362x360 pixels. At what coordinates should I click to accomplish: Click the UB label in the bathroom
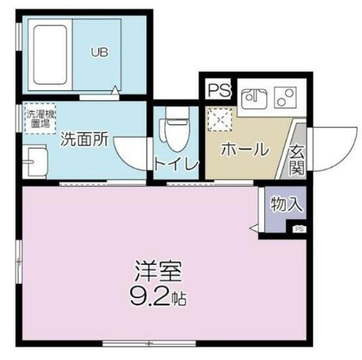(100, 52)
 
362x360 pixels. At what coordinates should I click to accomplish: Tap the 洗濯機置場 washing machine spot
(40, 118)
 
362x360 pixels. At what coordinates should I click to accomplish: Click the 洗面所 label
(83, 139)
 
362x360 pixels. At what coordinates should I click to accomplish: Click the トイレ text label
(176, 164)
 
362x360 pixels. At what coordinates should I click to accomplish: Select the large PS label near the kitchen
(219, 90)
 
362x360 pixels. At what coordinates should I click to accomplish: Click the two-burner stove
(284, 97)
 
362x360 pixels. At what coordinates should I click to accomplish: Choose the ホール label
(244, 149)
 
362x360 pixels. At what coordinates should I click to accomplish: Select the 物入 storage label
(286, 204)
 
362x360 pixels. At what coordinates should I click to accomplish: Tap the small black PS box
(299, 229)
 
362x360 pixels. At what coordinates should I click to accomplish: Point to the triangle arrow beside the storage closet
(253, 228)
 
